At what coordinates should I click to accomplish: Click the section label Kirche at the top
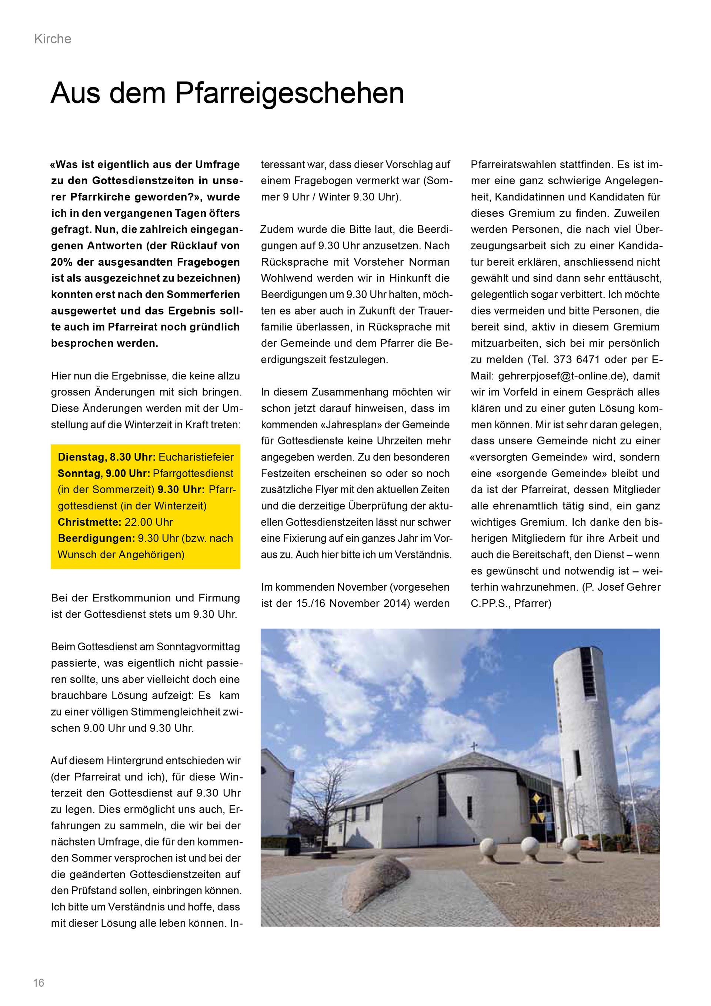[x=53, y=39]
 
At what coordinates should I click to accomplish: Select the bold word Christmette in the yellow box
[x=89, y=522]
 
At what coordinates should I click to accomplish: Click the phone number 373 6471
[x=578, y=360]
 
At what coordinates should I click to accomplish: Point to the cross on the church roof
[x=473, y=747]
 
